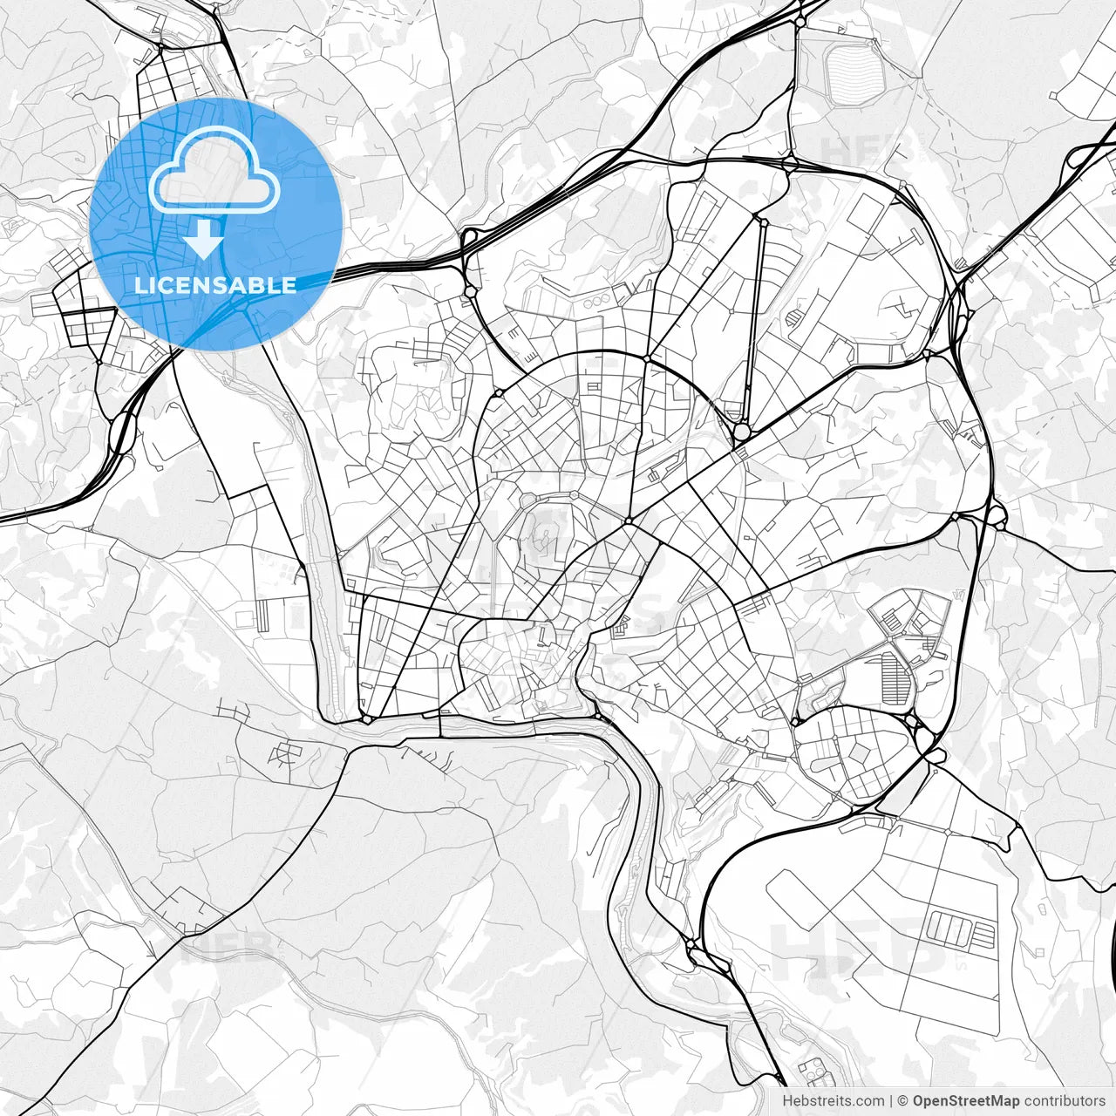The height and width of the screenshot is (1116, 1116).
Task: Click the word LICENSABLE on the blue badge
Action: pyautogui.click(x=214, y=285)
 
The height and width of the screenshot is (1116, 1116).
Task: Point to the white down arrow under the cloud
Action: pyautogui.click(x=206, y=238)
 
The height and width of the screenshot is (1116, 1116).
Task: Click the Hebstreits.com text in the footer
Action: pyautogui.click(x=833, y=1101)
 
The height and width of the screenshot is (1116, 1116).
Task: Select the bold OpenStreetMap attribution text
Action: pyautogui.click(x=966, y=1101)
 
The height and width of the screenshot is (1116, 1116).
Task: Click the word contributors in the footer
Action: pyautogui.click(x=1065, y=1101)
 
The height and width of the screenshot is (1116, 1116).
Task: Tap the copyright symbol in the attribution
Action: pyautogui.click(x=903, y=1101)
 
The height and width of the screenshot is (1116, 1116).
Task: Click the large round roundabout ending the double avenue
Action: pyautogui.click(x=742, y=431)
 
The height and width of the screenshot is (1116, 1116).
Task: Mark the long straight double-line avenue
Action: pyautogui.click(x=755, y=323)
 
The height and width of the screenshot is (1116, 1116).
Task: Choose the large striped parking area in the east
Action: pyautogui.click(x=893, y=679)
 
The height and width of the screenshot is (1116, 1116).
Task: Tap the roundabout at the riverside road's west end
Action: pyautogui.click(x=367, y=718)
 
